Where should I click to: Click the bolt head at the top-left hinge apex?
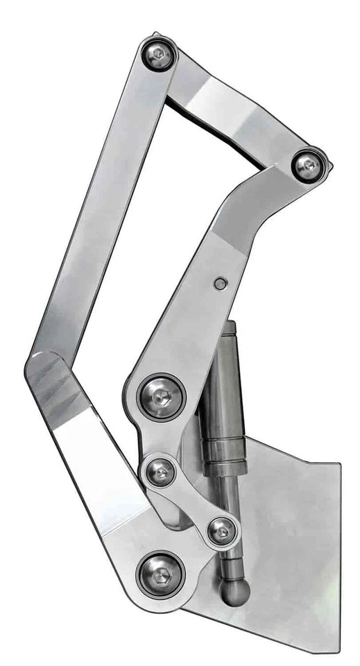click(x=159, y=55)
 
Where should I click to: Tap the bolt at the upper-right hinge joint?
click(x=307, y=166)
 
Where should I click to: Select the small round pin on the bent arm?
click(x=220, y=283)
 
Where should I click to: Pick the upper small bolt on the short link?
click(x=161, y=474)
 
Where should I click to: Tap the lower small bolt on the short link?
click(x=221, y=532)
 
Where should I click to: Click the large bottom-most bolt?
click(x=160, y=574)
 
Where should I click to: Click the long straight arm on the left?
click(x=97, y=208)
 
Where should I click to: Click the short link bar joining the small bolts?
click(x=191, y=503)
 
